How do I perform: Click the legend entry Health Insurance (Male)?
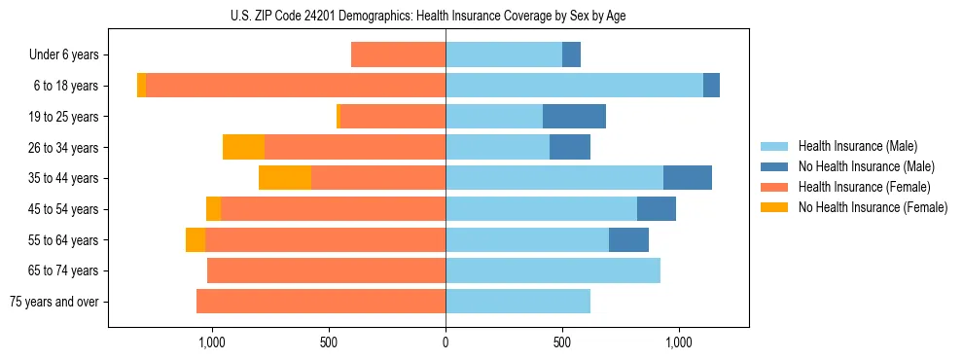point(857,146)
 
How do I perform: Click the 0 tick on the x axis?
point(446,342)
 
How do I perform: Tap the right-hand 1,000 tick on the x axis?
point(679,342)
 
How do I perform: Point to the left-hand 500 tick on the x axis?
point(329,342)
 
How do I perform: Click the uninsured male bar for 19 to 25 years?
point(574,117)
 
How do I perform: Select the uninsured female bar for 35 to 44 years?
point(285,178)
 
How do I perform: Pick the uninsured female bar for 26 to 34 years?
point(243,147)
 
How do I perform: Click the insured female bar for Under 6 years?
point(398,54)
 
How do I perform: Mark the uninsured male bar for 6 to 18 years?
point(711,86)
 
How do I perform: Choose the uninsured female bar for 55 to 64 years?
point(196,239)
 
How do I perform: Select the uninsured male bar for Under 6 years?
point(571,54)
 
